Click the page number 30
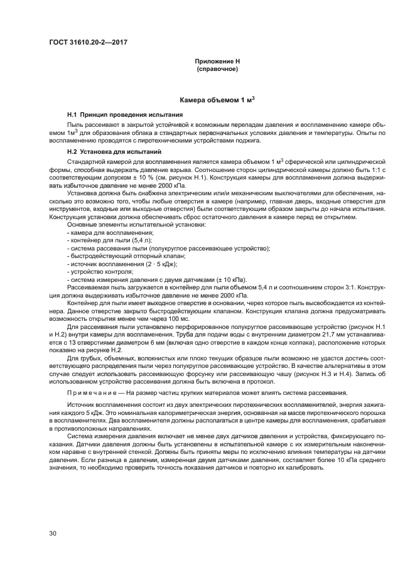pos(53,533)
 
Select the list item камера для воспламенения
pos(103,232)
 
